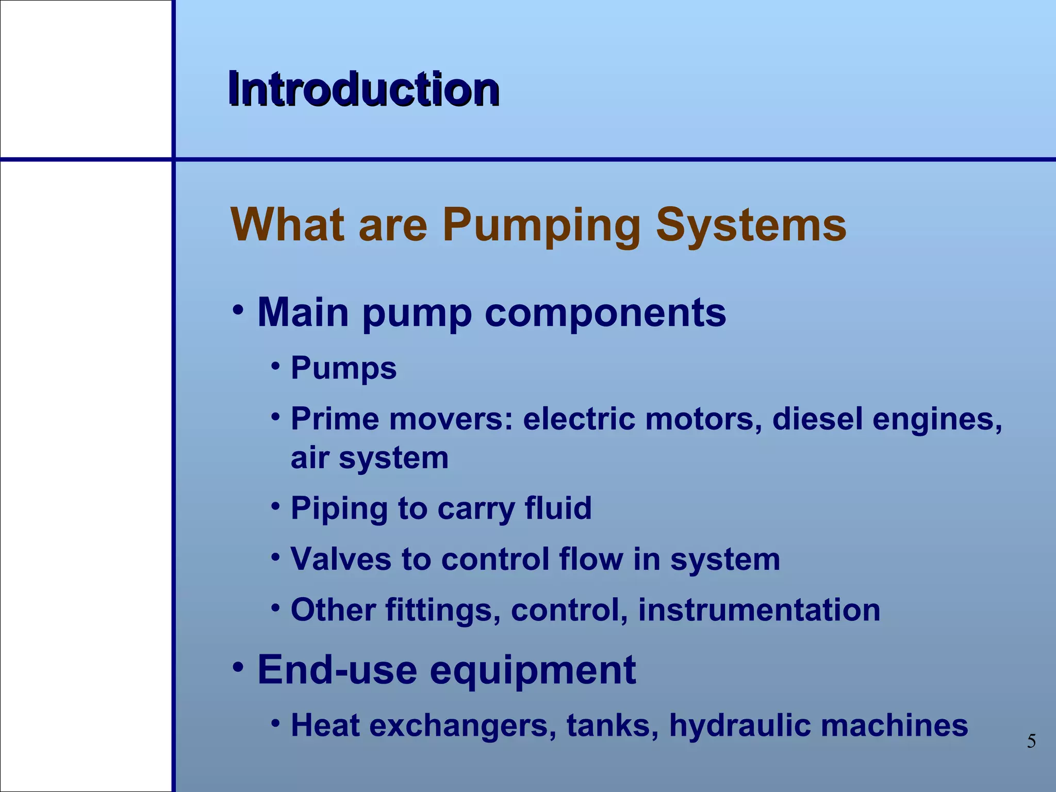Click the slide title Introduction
pyautogui.click(x=364, y=89)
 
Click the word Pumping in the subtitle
pyautogui.click(x=541, y=226)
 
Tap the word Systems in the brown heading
pyautogui.click(x=751, y=225)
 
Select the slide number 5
pyautogui.click(x=1031, y=741)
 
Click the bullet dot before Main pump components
pyautogui.click(x=238, y=310)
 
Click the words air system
pyautogui.click(x=369, y=458)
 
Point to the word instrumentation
pyautogui.click(x=759, y=610)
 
